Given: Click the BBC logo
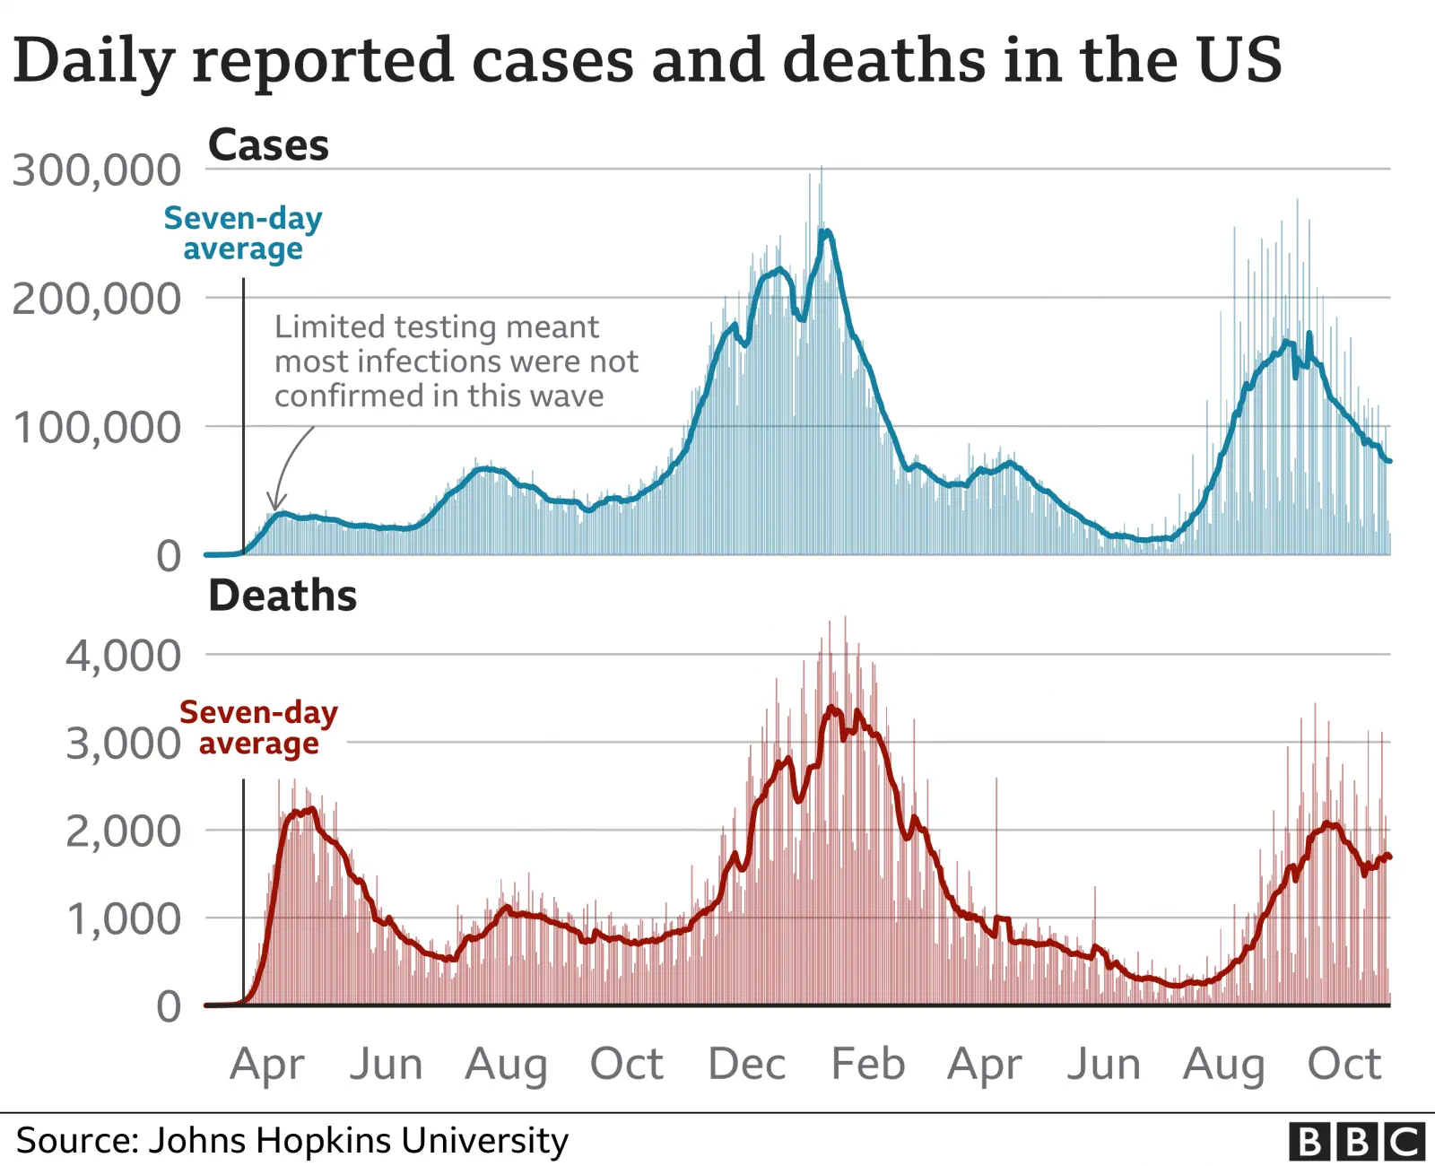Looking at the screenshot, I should (x=1357, y=1142).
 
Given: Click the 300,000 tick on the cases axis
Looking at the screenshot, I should (x=97, y=170).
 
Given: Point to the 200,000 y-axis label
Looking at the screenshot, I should (x=97, y=299).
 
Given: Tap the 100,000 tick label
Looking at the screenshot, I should (x=97, y=428).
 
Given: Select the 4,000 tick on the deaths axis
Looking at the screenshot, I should (x=124, y=656).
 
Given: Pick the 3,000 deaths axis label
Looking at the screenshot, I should (x=124, y=744).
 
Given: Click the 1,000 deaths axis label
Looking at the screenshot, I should (x=124, y=919).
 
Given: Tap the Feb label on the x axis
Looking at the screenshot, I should (x=867, y=1065).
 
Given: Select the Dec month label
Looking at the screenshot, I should (x=746, y=1065).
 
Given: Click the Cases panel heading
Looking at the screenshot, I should (x=268, y=145).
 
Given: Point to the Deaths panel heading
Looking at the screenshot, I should (x=283, y=596).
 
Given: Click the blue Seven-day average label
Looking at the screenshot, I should (x=243, y=233).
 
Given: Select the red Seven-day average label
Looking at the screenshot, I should (x=258, y=727).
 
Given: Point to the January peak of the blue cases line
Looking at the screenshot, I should (x=825, y=231).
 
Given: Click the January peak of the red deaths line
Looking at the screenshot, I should (x=831, y=708).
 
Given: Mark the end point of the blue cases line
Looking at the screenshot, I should (x=1389, y=461).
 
